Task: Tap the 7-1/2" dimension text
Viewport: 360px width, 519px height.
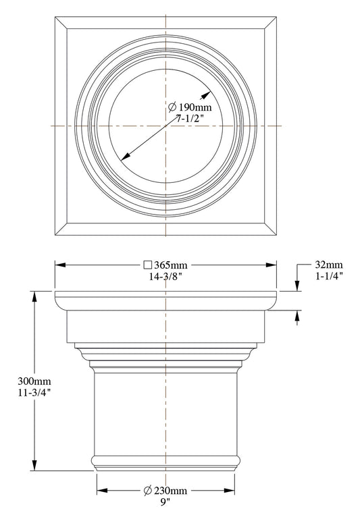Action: pos(190,119)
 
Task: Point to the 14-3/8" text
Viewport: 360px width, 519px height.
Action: pos(165,276)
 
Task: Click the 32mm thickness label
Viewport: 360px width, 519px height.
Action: pos(329,265)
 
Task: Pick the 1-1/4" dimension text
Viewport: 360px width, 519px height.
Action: pos(329,276)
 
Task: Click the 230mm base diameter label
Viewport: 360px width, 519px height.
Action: pos(172,490)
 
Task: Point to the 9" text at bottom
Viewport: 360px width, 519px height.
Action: pos(165,501)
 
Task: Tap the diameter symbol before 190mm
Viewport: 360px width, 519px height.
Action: pos(172,107)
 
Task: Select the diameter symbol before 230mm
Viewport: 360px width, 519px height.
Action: pos(148,490)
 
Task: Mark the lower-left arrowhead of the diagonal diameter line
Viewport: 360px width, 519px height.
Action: pos(124,157)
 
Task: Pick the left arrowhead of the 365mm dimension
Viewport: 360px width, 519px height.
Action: pos(59,265)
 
